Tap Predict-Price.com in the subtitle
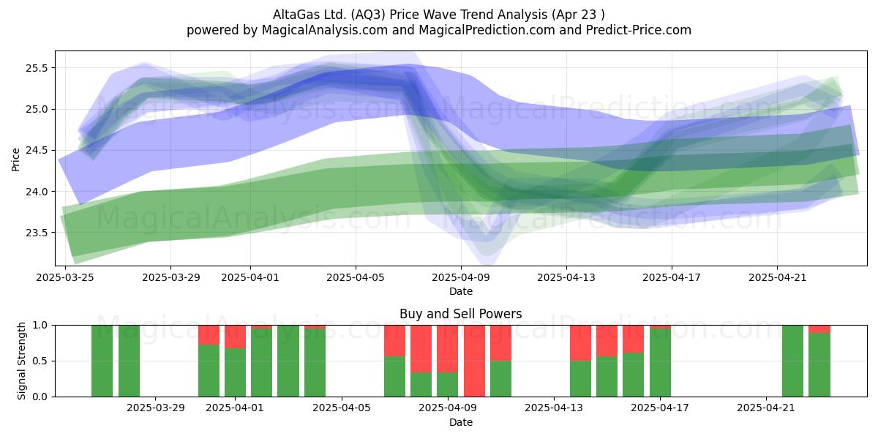[x=639, y=30]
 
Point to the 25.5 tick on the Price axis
[x=37, y=68]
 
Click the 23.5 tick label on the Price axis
[x=37, y=233]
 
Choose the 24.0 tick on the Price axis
[x=37, y=192]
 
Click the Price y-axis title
[x=15, y=160]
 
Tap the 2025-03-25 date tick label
[x=65, y=277]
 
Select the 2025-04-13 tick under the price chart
[x=566, y=277]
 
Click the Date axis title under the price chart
[x=461, y=291]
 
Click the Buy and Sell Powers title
[x=460, y=314]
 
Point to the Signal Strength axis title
[x=21, y=361]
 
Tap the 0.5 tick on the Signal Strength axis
[x=40, y=361]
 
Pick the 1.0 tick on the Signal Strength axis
[x=40, y=325]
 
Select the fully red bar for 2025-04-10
[x=474, y=361]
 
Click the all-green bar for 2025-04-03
[x=288, y=361]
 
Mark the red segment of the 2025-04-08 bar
[x=421, y=349]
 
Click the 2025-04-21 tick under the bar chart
[x=766, y=408]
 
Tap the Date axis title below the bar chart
[x=461, y=422]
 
